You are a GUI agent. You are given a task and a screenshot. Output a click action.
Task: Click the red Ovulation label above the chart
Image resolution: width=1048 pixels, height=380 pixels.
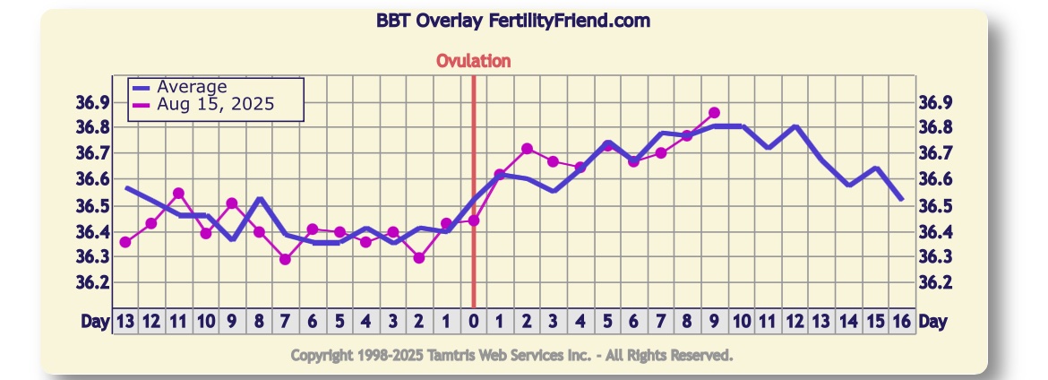[x=473, y=61]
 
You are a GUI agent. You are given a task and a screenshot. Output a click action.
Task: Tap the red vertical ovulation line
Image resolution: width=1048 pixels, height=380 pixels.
[x=473, y=269]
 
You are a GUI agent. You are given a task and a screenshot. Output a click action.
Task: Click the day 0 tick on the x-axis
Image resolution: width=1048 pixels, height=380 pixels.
[x=473, y=321]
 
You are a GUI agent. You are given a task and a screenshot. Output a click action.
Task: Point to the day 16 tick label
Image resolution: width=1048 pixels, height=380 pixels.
[x=902, y=321]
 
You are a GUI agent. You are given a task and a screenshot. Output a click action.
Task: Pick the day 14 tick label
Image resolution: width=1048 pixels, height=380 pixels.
[x=848, y=321]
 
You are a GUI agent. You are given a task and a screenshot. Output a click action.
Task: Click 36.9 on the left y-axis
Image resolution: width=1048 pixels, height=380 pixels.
[x=92, y=102]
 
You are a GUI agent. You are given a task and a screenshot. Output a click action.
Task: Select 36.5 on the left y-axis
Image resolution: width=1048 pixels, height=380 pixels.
[x=92, y=206]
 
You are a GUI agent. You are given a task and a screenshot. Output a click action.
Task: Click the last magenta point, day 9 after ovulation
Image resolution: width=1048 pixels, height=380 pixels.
[x=714, y=113]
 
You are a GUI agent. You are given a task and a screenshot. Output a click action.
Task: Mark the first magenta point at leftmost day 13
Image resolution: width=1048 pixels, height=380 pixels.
[x=125, y=242]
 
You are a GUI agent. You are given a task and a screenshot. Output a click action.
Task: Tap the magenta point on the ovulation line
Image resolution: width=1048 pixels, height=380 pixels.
[x=473, y=220]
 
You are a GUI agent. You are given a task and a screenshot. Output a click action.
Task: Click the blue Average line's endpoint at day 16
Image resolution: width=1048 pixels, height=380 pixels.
[x=901, y=198]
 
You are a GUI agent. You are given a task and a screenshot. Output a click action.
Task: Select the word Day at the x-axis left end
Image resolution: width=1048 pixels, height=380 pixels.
[x=94, y=321]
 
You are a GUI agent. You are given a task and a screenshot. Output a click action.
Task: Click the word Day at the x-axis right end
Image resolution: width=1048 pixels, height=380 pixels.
[x=932, y=321]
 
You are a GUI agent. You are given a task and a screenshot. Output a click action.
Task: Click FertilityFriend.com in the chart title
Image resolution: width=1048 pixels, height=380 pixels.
[x=570, y=21]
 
